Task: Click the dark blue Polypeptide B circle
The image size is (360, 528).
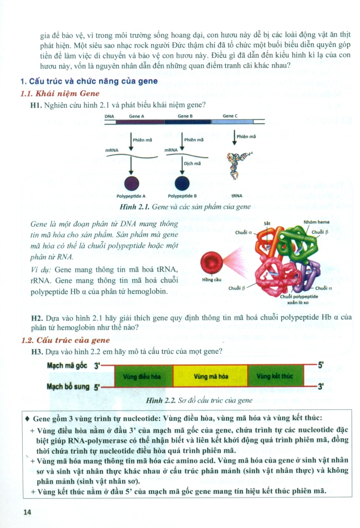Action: (x=183, y=183)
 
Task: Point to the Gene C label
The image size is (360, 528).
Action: (x=230, y=116)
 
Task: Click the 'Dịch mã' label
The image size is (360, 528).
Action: (x=192, y=163)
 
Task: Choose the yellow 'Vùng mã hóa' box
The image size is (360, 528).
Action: (x=210, y=376)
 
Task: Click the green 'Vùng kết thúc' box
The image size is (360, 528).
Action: (x=274, y=376)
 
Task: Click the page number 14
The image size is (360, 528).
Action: (x=27, y=511)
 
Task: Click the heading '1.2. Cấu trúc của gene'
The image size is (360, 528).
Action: (x=65, y=340)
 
